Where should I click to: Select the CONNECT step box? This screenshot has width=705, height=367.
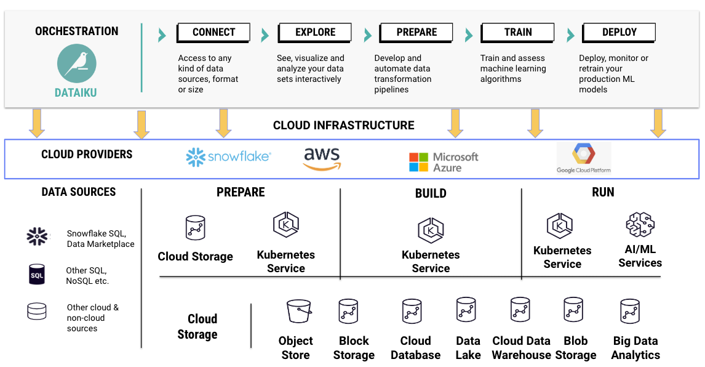point(213,33)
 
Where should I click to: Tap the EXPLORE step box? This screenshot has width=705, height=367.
point(315,33)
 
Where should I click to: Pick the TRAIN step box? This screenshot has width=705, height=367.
point(517,33)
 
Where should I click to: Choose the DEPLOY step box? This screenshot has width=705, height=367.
point(619,33)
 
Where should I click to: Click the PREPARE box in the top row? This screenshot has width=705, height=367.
point(416,33)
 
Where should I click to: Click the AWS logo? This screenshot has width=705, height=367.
point(322,158)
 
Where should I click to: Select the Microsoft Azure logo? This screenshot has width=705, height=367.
point(444,162)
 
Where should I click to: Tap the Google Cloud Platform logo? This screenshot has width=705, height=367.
point(584,158)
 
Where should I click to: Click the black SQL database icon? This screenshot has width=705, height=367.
point(37,275)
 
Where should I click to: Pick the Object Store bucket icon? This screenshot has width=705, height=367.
point(298,311)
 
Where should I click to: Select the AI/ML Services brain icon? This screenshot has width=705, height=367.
point(640,225)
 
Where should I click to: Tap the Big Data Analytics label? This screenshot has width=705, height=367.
point(635,348)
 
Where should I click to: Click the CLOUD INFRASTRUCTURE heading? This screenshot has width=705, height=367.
point(343,126)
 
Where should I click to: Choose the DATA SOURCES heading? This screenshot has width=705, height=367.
point(79,192)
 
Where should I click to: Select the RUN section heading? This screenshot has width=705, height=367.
point(603,192)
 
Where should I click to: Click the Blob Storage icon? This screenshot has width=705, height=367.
point(573,311)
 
